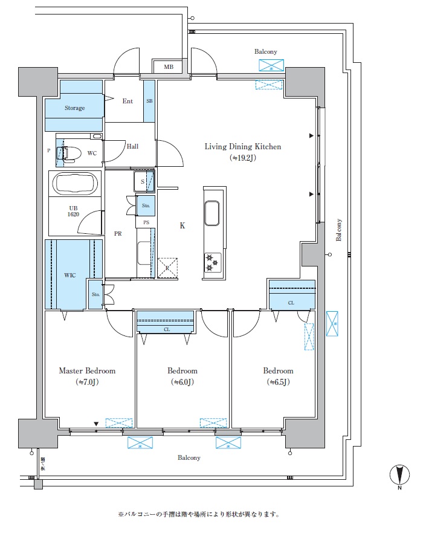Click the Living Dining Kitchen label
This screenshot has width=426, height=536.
243,146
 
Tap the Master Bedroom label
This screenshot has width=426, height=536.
87,370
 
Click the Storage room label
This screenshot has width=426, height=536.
75,108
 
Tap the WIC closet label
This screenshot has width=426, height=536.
70,275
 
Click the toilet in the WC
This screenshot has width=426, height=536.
70,153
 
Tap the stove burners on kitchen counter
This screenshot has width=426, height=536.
213,262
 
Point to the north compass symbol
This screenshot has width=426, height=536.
399,476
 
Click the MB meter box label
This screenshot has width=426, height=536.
169,66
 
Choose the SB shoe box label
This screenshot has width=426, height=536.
149,102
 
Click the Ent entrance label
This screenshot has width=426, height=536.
127,101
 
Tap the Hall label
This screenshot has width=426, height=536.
132,146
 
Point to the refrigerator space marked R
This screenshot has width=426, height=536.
167,268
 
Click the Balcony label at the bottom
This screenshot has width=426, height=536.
189,457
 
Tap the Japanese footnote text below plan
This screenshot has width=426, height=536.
199,515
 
